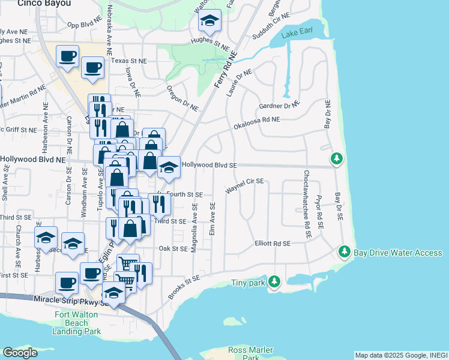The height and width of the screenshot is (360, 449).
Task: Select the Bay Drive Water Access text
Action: pos(399,253)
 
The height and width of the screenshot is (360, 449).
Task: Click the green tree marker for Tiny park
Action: pos(274,281)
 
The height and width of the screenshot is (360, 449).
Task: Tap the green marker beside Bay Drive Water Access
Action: pos(344,251)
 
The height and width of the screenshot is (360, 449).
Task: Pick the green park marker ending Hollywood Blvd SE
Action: pos(337,158)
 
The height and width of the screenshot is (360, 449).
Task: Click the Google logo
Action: pos(20,352)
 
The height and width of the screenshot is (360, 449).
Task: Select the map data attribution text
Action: pos(401,355)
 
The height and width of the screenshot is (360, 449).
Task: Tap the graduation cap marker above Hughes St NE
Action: pos(209,22)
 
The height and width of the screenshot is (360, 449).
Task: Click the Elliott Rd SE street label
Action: pos(272,244)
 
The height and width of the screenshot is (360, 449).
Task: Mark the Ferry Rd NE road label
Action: pos(225,71)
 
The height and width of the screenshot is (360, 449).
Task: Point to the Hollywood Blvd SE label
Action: pos(210,165)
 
